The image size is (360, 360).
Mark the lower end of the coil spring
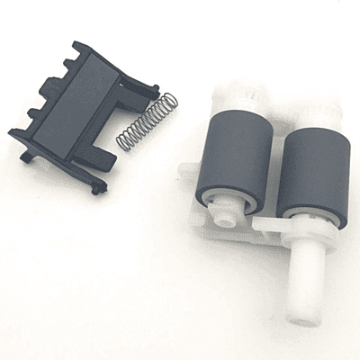[122, 145]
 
